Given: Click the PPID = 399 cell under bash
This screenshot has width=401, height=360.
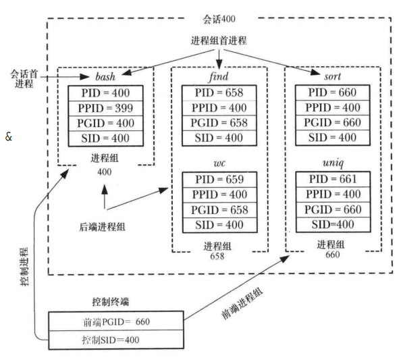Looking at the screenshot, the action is tap(105, 108).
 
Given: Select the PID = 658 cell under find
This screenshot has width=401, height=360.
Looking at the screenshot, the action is tap(219, 93).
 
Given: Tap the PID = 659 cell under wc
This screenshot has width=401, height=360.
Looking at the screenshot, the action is tap(219, 180).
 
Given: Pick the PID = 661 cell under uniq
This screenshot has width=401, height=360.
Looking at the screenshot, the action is tap(333, 179).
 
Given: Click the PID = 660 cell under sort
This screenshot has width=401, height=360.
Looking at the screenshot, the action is tap(332, 93).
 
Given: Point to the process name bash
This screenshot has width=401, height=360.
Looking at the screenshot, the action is tap(105, 77).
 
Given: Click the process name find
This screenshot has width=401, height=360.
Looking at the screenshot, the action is tap(219, 76).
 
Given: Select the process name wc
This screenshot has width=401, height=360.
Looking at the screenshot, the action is tap(219, 163).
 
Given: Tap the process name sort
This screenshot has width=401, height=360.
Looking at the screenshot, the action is tap(332, 76).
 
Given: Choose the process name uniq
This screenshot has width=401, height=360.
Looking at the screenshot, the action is tap(333, 163).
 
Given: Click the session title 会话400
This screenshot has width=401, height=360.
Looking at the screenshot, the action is tap(219, 19).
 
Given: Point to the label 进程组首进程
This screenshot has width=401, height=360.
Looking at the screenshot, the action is tap(219, 41).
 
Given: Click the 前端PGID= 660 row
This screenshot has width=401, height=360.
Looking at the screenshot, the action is tap(116, 321).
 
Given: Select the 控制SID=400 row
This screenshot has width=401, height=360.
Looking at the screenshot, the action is tap(116, 340).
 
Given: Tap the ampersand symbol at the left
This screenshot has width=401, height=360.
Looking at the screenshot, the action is tap(9, 137).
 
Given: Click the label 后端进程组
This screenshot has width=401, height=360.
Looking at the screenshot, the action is tap(102, 227).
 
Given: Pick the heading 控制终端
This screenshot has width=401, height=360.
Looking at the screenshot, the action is tap(111, 302).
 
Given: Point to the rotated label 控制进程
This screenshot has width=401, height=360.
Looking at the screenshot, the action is tap(24, 267).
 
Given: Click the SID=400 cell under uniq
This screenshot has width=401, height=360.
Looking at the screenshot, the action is tap(333, 225).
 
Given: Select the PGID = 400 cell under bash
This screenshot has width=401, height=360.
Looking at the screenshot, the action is tap(105, 124).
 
